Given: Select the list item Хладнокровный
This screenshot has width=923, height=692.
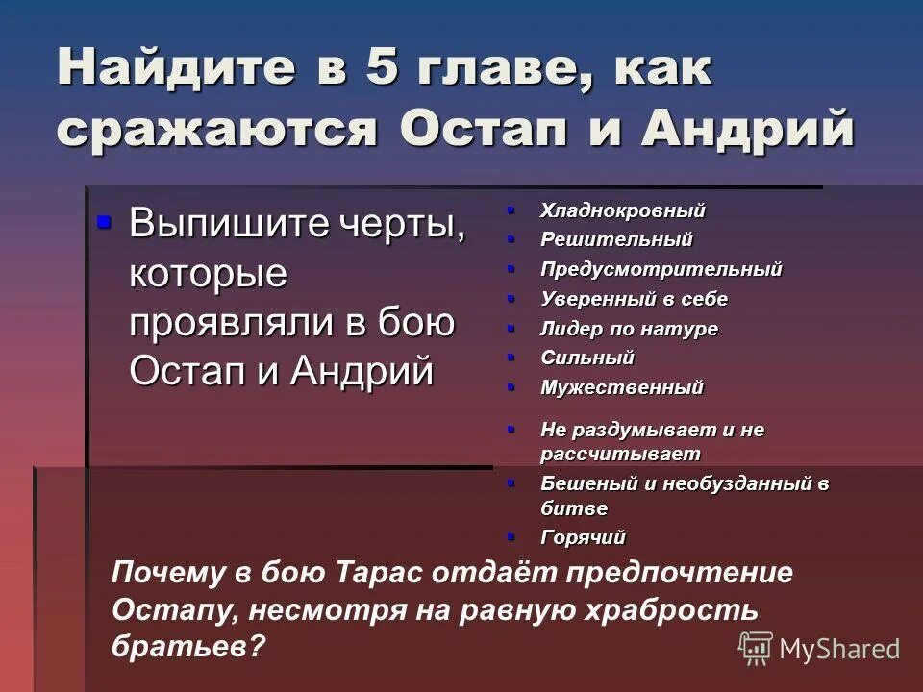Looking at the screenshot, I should pos(622,210).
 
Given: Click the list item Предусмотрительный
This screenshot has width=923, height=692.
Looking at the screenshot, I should pos(661,269).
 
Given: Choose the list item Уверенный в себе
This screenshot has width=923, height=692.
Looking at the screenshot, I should pos(634,299).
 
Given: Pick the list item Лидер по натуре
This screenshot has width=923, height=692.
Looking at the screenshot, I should pos(629,329).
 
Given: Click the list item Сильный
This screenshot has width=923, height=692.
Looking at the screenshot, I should pos(586,358).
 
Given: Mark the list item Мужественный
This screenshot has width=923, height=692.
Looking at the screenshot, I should pos(621,387).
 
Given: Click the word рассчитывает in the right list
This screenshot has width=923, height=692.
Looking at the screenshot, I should pos(619,454).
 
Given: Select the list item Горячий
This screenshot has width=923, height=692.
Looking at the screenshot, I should pos(583,538).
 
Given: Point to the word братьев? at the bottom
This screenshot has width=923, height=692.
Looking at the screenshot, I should pos(187,646).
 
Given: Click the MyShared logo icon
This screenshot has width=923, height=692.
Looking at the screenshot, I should pos(756,648).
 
